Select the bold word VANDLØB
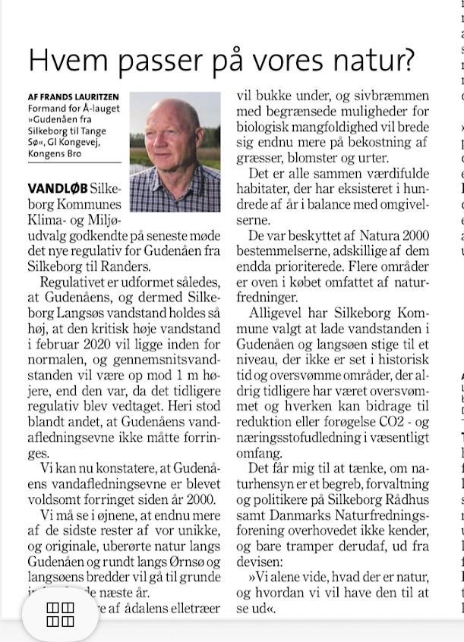coord(57,187)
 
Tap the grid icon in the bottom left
coord(60,594)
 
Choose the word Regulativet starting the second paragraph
coord(78,282)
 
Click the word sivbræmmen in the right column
coord(392,96)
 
